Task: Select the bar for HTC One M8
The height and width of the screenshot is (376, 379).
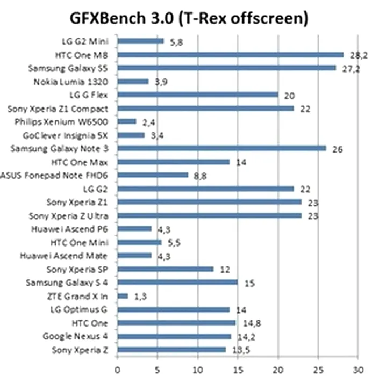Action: click(230, 54)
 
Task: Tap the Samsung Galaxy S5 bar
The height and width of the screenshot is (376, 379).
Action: click(226, 68)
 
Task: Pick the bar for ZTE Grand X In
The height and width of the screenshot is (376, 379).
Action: click(123, 295)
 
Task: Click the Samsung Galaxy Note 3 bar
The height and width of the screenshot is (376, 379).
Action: click(221, 148)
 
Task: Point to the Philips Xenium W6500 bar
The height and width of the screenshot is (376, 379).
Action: click(127, 121)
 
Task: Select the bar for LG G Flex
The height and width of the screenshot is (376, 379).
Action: click(197, 95)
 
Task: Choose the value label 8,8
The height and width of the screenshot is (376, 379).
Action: click(199, 176)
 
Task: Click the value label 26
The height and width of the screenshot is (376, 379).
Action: click(338, 149)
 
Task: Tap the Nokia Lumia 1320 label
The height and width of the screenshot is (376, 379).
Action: click(78, 82)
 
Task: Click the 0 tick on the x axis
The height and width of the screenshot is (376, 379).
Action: click(117, 370)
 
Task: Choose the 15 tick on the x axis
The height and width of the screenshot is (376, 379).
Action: click(238, 370)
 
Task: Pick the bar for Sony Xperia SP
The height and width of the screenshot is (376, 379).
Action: click(165, 269)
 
